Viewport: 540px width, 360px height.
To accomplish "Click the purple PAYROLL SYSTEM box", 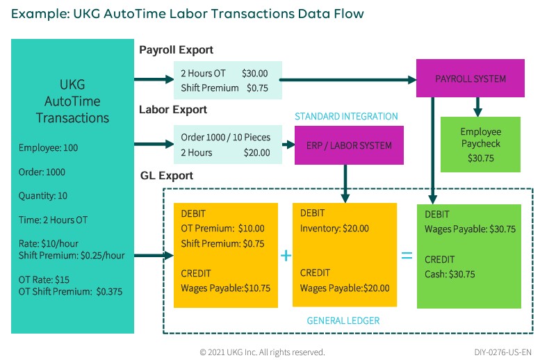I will point(471,79).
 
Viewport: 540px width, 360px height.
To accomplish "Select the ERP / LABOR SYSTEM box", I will point(349,145).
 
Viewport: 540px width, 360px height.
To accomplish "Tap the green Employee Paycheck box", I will point(480,145).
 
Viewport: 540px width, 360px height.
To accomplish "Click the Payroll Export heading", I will point(176,50).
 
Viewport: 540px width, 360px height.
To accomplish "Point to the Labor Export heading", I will point(173,110).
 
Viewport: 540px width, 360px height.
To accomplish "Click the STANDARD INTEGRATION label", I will point(346,116).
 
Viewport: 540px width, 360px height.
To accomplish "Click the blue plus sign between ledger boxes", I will point(285,256).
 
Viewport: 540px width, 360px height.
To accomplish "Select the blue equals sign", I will point(407,256).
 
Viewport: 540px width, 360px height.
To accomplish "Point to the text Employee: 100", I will point(49,147).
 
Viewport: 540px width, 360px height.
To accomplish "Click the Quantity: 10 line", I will point(43,196).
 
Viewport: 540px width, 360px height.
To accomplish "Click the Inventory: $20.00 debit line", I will point(334,228).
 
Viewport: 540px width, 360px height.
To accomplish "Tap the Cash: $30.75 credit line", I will point(450,274).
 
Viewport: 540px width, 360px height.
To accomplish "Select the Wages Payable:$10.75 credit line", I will point(225,288).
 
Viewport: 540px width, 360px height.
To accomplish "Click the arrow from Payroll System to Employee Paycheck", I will point(477,106).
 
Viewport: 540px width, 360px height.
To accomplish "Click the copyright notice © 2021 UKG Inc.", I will point(262,352).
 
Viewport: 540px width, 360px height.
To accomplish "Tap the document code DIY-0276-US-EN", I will point(502,352).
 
